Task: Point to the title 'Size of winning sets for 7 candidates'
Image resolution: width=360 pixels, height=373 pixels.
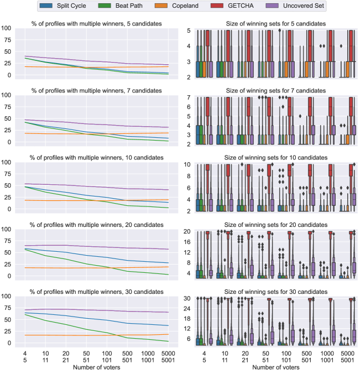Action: click(x=270, y=90)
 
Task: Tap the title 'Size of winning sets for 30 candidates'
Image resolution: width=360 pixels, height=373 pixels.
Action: click(x=270, y=292)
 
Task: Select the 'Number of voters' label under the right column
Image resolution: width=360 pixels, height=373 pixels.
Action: click(x=270, y=367)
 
